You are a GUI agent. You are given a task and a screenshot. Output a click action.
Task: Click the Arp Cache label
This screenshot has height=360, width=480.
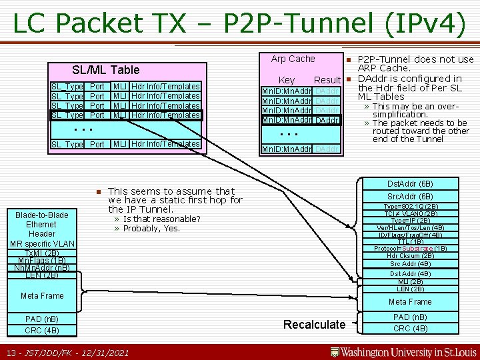293,59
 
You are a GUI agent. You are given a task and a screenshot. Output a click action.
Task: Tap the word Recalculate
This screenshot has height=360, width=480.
315,325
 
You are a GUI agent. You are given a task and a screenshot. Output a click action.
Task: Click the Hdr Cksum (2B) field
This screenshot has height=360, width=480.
411,255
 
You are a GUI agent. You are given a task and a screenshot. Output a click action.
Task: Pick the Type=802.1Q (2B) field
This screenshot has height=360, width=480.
411,206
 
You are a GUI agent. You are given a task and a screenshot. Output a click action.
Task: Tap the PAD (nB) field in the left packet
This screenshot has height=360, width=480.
42,319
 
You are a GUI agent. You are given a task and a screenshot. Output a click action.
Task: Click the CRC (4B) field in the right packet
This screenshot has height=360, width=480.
411,328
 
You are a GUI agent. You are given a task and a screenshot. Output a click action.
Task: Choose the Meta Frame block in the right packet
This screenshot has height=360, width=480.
411,302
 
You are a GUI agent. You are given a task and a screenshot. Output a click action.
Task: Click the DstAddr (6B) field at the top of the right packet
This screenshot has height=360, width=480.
411,184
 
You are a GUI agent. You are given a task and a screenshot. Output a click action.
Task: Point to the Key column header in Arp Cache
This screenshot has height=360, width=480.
287,80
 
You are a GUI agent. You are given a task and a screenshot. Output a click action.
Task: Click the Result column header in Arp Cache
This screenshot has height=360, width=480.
327,80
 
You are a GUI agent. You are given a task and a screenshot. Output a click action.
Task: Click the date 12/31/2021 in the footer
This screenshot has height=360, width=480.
107,351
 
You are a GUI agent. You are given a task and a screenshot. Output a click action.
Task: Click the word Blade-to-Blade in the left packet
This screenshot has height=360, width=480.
41,215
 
